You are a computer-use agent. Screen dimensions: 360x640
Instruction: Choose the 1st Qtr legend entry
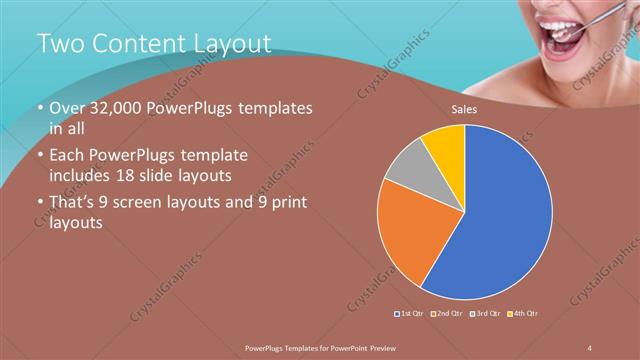click(x=410, y=315)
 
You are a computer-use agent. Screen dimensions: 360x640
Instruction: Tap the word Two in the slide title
click(x=61, y=43)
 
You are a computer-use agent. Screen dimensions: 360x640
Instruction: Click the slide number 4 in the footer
click(x=590, y=346)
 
